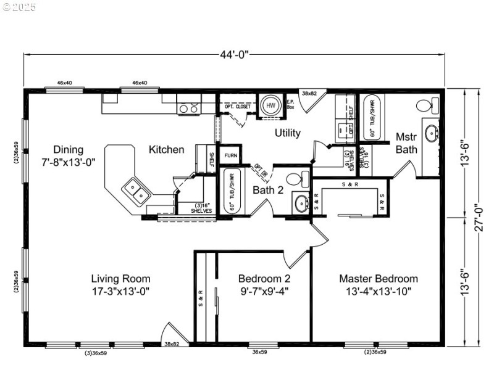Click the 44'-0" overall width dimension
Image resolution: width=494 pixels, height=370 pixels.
[234, 54]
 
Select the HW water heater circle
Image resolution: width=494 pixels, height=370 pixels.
[270, 105]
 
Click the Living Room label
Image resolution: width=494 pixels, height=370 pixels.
[120, 279]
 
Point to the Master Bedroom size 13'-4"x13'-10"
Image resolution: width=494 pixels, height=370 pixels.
[378, 290]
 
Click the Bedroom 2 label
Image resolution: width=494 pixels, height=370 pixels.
[264, 279]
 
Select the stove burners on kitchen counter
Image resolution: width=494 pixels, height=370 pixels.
[188, 109]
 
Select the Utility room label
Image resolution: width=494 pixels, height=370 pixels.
[288, 133]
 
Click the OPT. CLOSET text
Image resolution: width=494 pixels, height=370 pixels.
[238, 106]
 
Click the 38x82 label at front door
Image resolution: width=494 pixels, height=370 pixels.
[171, 343]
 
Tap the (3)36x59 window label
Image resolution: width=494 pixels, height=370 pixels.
[96, 353]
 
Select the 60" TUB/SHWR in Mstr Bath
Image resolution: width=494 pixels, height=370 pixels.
[371, 118]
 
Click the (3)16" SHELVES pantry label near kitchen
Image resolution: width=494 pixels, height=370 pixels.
[195, 208]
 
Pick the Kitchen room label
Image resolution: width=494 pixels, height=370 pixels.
[166, 149]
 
